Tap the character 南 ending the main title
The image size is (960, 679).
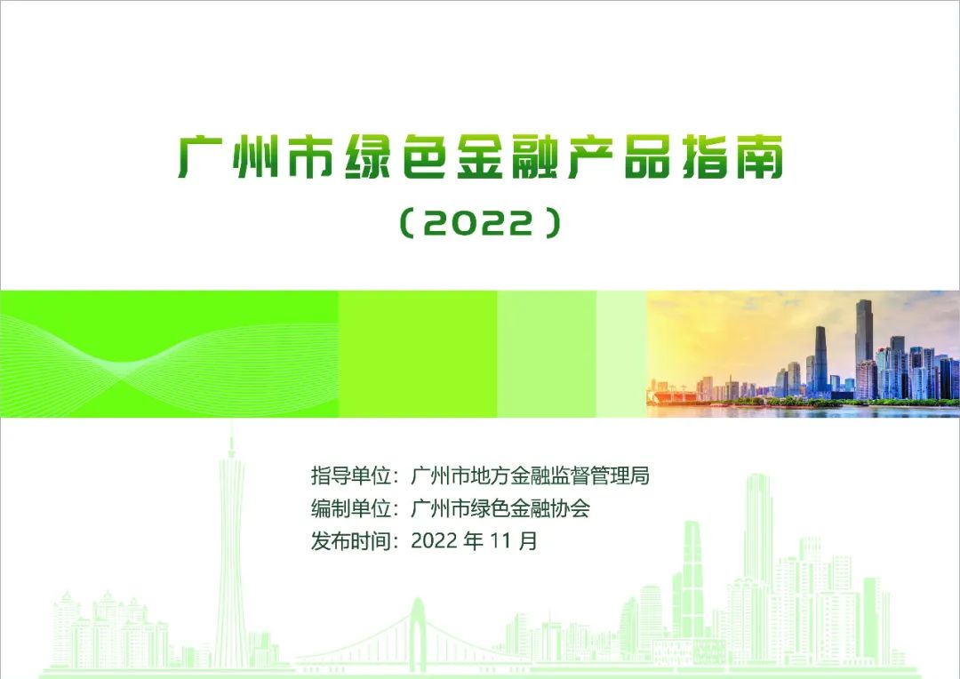[760, 156]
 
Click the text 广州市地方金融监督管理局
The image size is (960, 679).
[530, 475]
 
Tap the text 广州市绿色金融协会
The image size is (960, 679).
[500, 508]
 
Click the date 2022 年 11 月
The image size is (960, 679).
[475, 540]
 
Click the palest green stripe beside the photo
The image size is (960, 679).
[621, 354]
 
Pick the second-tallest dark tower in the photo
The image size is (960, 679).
[820, 360]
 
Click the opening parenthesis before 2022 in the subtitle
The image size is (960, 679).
[406, 222]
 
